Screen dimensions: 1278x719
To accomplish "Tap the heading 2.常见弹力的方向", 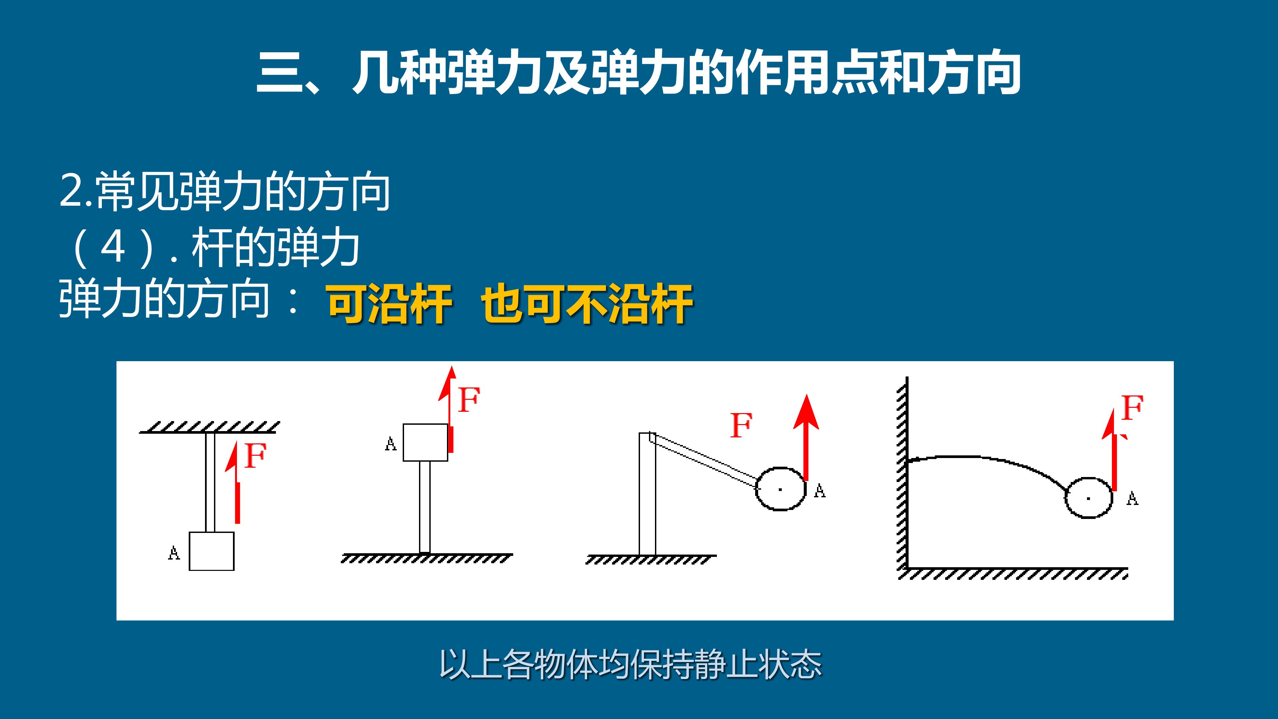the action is [x=224, y=191].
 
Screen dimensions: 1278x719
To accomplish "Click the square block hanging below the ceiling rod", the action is [x=211, y=551].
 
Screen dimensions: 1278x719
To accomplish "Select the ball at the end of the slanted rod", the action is [x=780, y=489].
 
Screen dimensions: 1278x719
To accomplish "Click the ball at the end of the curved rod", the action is [x=1089, y=498].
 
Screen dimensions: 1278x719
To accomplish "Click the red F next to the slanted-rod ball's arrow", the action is [x=741, y=425].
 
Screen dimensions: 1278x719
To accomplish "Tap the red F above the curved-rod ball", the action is [x=1133, y=408].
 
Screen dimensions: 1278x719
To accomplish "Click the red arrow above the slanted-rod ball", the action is [x=806, y=437].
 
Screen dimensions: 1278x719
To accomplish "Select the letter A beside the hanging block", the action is [x=174, y=552].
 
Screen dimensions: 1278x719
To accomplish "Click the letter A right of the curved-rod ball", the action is [x=1133, y=498].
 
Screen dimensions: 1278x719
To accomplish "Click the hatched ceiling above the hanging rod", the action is [x=209, y=427].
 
